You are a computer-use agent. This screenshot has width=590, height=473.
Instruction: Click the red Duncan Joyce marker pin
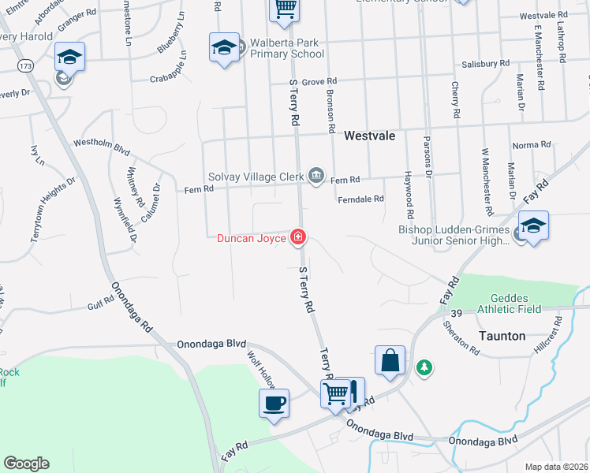point(298,236)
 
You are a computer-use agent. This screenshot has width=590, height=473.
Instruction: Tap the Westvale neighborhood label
point(369,136)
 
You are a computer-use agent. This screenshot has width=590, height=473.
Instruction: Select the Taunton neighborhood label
point(502,336)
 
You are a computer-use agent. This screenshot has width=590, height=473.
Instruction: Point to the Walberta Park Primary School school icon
point(224,48)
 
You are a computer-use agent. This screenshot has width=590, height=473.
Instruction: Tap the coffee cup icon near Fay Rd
point(274,404)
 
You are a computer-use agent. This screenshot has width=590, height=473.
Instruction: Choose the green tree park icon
point(424,367)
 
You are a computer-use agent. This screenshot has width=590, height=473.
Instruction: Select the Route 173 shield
point(28,66)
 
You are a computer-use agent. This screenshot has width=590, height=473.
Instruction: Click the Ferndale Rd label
point(360,199)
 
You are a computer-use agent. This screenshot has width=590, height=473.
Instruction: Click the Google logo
point(26,464)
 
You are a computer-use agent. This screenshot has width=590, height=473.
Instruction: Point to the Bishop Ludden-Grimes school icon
point(533,226)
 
